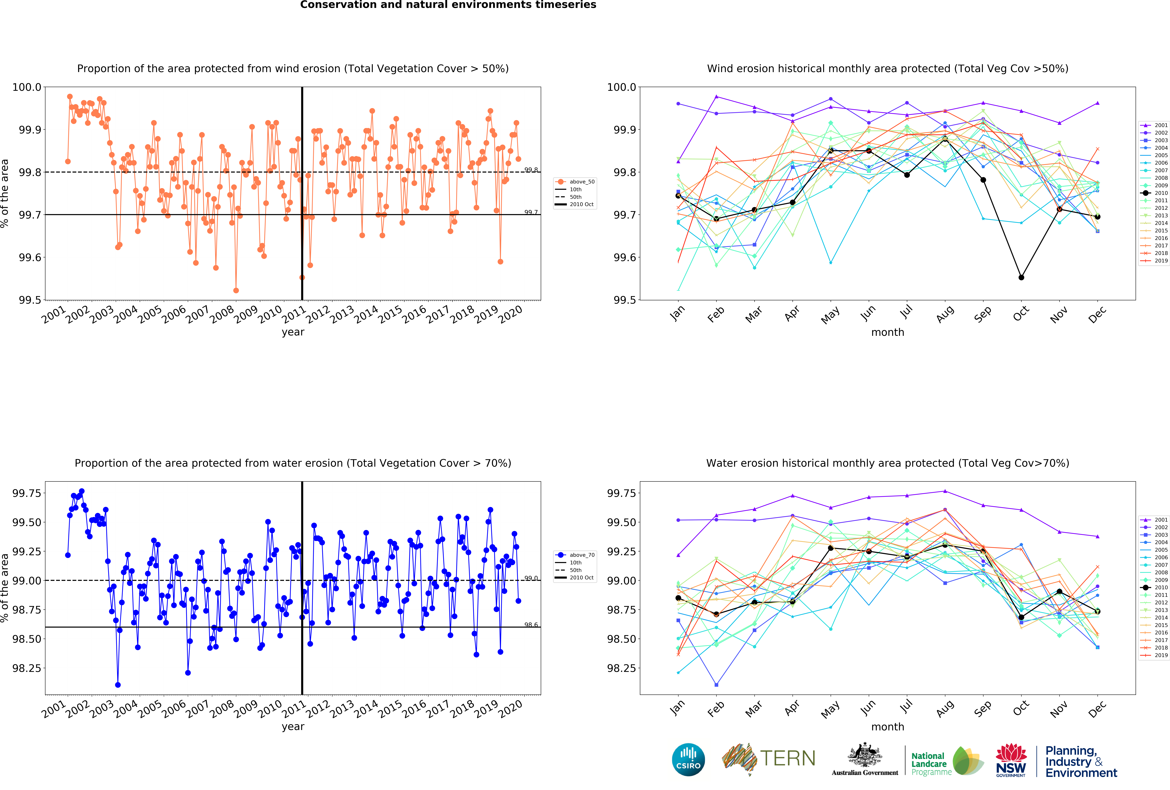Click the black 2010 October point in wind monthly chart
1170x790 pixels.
point(1021,277)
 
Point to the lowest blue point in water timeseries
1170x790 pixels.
point(118,685)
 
